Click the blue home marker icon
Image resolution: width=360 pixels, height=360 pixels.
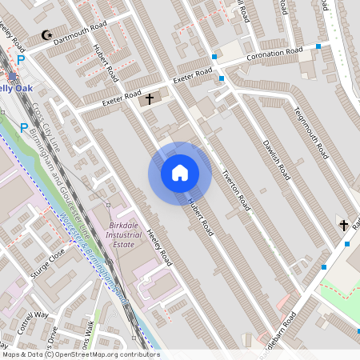[x=179, y=173]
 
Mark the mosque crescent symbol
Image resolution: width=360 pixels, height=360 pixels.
[x=46, y=35]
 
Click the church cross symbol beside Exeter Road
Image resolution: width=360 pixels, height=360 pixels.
[x=149, y=100]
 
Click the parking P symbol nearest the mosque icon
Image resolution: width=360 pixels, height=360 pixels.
[x=22, y=60]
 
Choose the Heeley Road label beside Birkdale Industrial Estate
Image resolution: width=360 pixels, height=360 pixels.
[x=160, y=248]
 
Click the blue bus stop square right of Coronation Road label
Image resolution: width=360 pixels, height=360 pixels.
[x=318, y=46]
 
